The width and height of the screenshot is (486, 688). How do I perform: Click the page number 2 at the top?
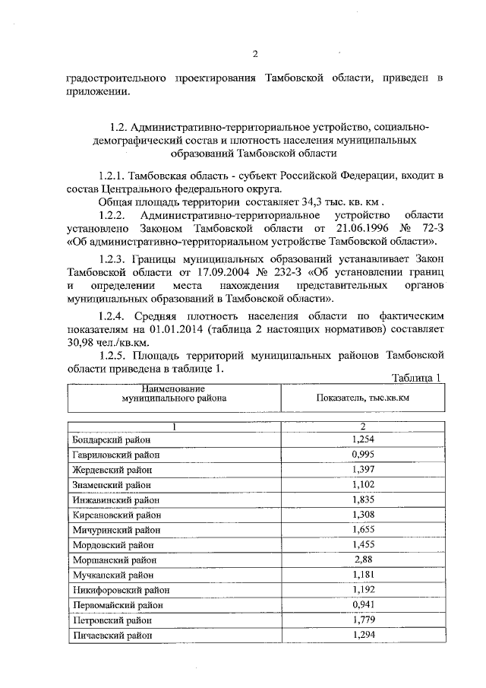(255, 53)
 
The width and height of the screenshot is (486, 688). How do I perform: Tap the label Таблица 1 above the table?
(417, 378)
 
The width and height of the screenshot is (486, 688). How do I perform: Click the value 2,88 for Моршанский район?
(364, 560)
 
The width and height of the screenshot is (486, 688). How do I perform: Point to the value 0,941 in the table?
(364, 604)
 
